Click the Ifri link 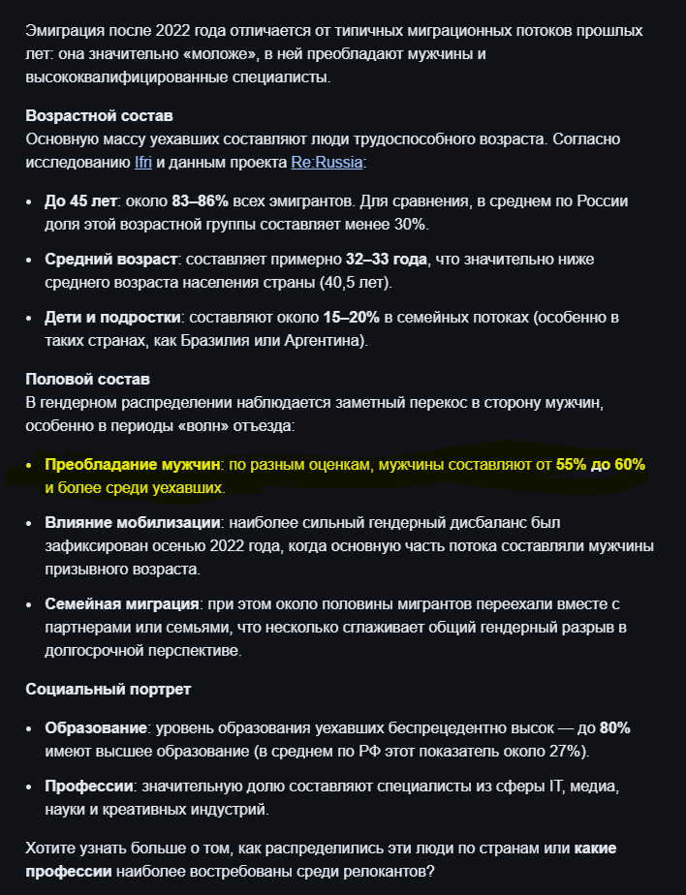[x=141, y=162]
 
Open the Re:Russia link [x=327, y=162]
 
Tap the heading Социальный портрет [x=108, y=690]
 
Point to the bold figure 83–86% [x=201, y=201]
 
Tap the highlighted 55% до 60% [x=601, y=465]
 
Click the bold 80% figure [x=615, y=728]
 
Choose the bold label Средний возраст [x=111, y=260]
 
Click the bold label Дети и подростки [x=112, y=317]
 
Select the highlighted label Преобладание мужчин [x=134, y=465]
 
